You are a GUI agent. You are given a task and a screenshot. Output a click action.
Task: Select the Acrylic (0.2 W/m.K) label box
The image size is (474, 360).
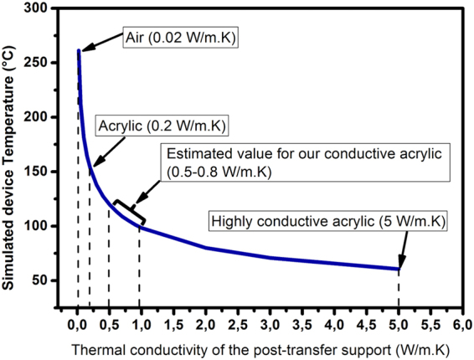163,126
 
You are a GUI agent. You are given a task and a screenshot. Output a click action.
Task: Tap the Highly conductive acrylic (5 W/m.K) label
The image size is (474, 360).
330,222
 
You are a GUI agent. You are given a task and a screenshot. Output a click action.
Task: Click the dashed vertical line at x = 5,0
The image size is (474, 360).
399,289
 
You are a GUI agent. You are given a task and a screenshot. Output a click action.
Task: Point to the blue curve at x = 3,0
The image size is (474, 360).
270,257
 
